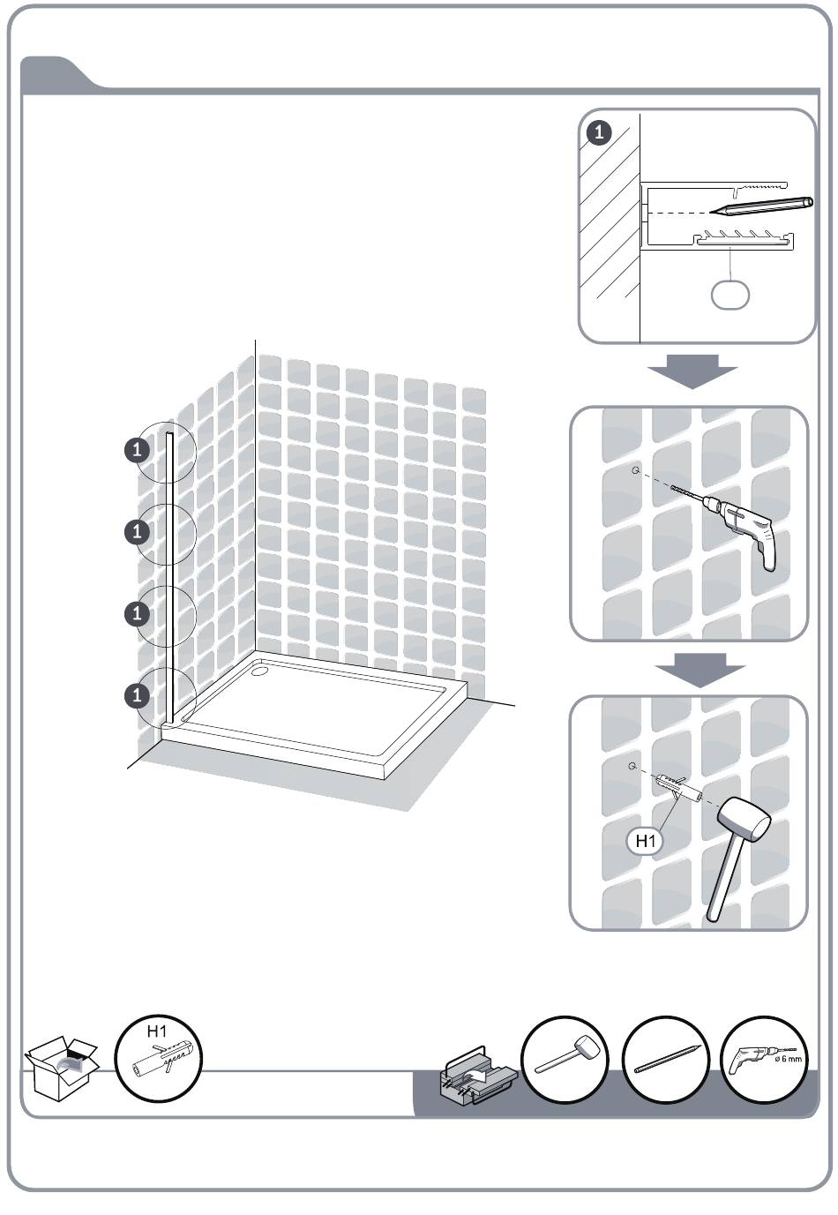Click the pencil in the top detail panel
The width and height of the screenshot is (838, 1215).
click(760, 205)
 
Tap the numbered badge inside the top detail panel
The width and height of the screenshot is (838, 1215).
click(599, 133)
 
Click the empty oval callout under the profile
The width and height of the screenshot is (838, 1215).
click(730, 295)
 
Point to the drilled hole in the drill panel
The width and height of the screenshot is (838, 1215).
click(636, 470)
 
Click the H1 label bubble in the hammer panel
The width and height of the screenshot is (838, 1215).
click(646, 841)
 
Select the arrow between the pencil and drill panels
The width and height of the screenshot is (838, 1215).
click(692, 371)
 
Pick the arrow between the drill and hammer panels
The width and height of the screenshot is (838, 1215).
click(700, 670)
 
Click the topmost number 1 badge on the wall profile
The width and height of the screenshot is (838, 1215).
click(137, 450)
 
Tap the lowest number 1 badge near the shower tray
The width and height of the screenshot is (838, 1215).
click(137, 695)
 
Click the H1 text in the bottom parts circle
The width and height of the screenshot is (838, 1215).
click(157, 1031)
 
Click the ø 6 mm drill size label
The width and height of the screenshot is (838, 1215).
click(788, 1059)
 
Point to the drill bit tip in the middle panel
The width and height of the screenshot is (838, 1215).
click(672, 488)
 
